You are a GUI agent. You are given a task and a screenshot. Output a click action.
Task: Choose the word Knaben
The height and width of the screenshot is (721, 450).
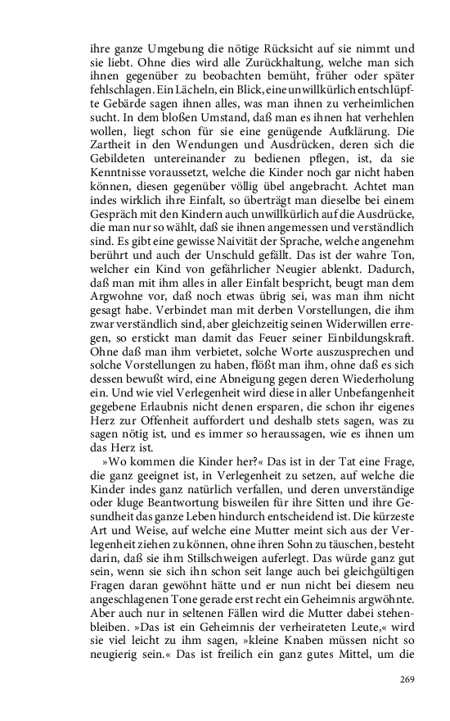(x=317, y=641)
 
